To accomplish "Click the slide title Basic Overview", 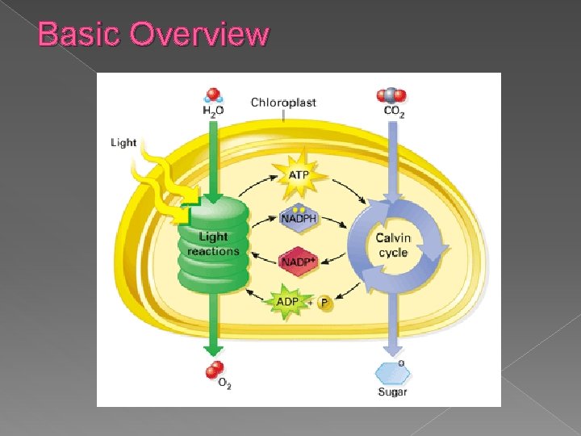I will coord(153,34).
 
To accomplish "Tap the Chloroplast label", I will coord(283,103).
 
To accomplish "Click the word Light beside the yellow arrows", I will coord(123,143).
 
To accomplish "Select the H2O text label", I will coord(214,111).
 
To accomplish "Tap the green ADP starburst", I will coord(288,302).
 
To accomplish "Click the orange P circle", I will coord(324,304).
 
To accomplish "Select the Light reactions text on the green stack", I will coord(213,244).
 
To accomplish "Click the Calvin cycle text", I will coord(393,245).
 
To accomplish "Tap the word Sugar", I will coord(393,392).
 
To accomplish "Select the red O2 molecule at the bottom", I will coord(214,370).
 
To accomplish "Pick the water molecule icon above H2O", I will coord(214,95).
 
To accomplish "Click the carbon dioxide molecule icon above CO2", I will coord(391,95).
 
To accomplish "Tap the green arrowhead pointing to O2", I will coord(213,348).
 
